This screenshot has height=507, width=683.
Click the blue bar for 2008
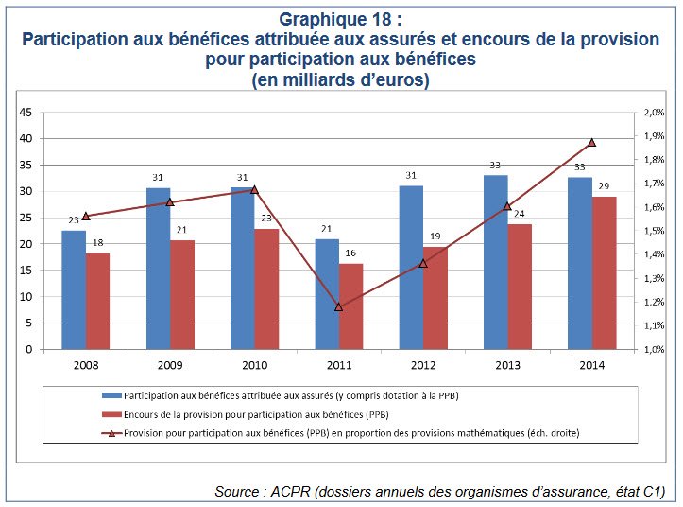click(x=74, y=289)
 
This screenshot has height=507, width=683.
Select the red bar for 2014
click(x=604, y=272)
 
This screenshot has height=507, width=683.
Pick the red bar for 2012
click(x=435, y=298)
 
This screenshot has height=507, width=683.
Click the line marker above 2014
click(x=591, y=142)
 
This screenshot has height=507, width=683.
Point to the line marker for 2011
click(x=339, y=306)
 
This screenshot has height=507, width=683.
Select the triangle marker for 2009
click(x=170, y=201)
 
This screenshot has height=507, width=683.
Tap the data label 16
click(x=350, y=254)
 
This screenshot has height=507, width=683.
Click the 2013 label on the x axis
click(x=507, y=365)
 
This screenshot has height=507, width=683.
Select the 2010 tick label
click(x=255, y=365)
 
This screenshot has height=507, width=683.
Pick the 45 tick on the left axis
click(x=26, y=113)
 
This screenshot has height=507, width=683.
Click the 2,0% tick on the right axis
click(x=655, y=113)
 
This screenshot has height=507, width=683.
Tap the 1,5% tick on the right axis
click(x=655, y=231)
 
